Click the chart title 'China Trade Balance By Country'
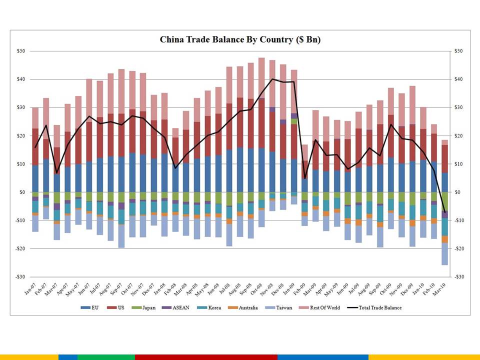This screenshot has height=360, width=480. click(240, 39)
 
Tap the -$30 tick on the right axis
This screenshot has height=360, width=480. click(458, 276)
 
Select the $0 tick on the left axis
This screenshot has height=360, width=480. click(21, 192)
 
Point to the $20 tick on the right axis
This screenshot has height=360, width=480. click(458, 135)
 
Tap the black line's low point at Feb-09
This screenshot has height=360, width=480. click(305, 178)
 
